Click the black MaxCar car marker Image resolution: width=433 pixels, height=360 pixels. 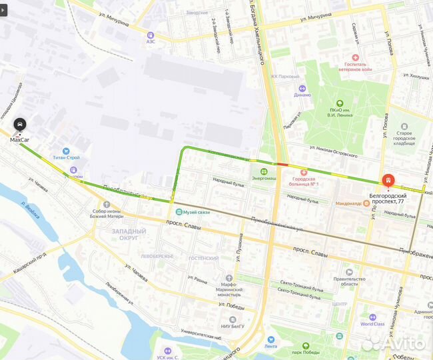click(x=20, y=125)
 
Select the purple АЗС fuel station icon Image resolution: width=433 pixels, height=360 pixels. click(x=151, y=34)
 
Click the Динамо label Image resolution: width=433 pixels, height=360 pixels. click(x=302, y=95)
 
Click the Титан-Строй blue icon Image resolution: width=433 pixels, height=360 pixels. click(x=65, y=151)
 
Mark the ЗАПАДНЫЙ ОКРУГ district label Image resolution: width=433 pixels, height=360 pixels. click(x=121, y=233)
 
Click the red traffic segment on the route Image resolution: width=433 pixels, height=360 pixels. click(x=282, y=164)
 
